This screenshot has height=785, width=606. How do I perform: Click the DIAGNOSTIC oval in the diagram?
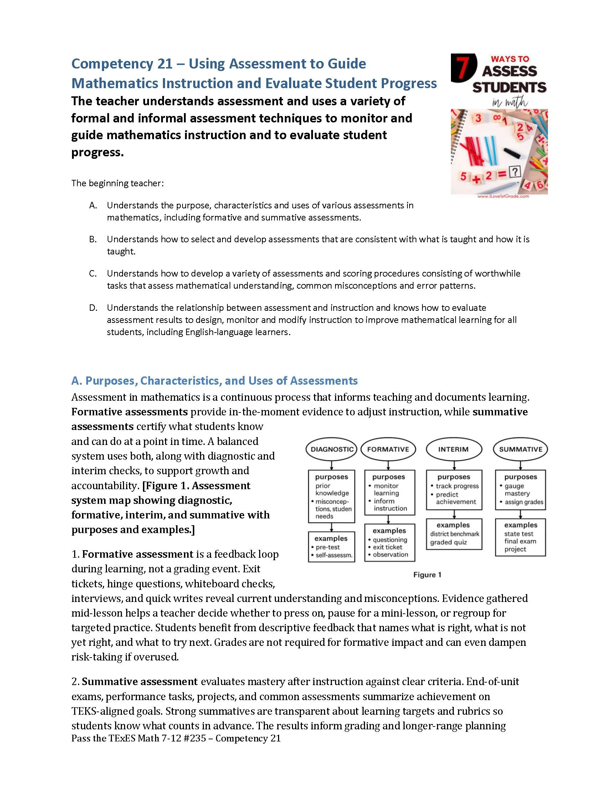332,449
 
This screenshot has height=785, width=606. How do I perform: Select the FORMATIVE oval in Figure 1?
388,449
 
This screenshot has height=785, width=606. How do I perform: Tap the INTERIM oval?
453,449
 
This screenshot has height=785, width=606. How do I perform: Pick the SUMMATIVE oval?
520,449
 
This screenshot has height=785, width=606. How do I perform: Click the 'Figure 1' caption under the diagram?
427,575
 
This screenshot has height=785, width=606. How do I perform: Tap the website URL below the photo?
503,197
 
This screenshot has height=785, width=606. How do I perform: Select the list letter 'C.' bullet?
93,274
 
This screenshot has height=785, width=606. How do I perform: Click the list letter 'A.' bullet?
93,205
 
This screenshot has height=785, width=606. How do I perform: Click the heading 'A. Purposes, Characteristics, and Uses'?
214,381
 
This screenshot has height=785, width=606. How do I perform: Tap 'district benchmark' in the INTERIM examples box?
454,534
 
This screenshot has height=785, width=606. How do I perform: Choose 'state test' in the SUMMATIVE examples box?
518,534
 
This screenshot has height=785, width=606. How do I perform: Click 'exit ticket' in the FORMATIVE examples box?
387,547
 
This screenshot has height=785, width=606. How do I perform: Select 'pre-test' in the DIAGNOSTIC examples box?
327,547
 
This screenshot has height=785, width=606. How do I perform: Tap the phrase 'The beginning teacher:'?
117,183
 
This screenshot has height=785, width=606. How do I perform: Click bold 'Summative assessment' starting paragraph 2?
140,682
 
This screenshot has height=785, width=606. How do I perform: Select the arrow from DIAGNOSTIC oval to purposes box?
332,465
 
